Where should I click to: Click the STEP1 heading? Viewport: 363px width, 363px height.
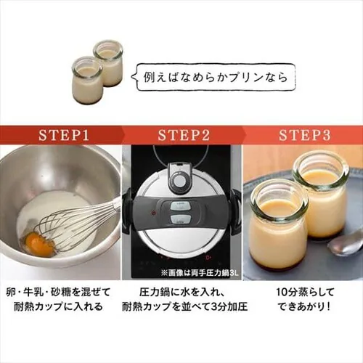[64, 135]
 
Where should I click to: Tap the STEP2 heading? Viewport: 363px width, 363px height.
[184, 135]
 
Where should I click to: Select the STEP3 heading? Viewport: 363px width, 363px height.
[304, 135]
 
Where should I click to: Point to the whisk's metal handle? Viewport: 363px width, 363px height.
[115, 205]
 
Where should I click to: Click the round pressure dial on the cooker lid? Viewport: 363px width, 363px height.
[180, 180]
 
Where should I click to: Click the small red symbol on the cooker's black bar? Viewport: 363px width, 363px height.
[152, 213]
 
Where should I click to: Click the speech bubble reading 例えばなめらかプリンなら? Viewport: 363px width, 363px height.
[216, 77]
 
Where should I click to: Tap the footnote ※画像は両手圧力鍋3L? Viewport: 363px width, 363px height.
[200, 273]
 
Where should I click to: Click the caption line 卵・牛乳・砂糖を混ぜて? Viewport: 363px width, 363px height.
[58, 293]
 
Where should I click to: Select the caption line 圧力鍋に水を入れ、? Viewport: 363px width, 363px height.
[183, 293]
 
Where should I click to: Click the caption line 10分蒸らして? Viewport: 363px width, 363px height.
[305, 293]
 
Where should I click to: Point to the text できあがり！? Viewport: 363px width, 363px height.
[304, 307]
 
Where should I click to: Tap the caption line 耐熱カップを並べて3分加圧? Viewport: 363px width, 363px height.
[184, 307]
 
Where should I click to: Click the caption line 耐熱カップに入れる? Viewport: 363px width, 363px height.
[58, 307]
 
